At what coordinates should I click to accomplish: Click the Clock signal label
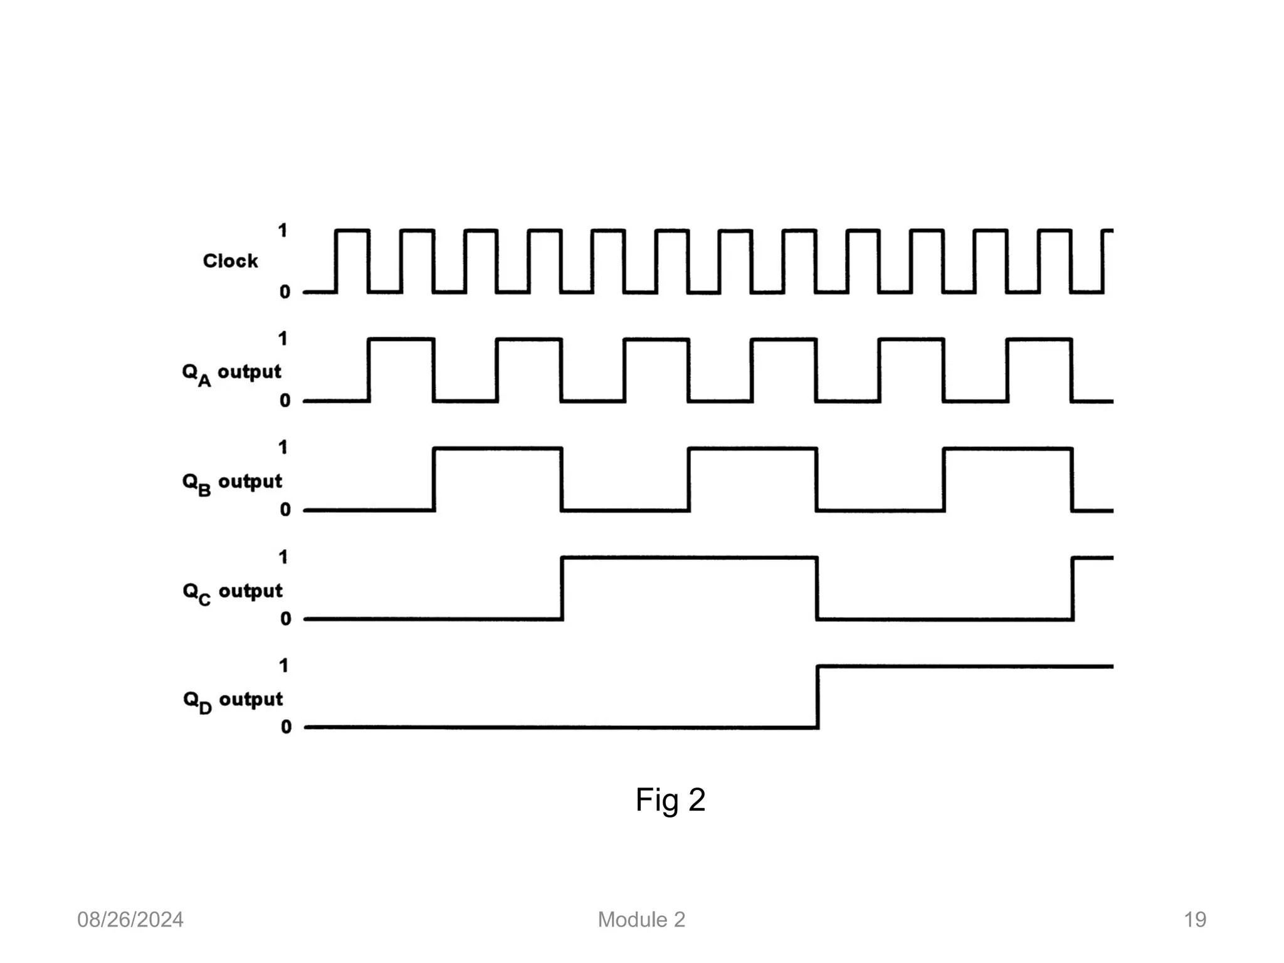[x=230, y=261]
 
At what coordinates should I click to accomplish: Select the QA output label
[x=231, y=373]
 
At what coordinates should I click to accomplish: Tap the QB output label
[x=232, y=483]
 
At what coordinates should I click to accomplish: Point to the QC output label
[x=233, y=592]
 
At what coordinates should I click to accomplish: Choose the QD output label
[x=233, y=701]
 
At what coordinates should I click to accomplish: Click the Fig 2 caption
[x=670, y=800]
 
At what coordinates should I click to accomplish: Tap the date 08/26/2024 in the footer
[x=130, y=920]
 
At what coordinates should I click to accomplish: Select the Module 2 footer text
[x=641, y=920]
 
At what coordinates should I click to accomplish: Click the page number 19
[x=1195, y=920]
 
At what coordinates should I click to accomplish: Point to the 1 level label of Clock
[x=283, y=231]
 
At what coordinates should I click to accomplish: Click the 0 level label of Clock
[x=285, y=292]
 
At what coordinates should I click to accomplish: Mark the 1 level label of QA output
[x=283, y=339]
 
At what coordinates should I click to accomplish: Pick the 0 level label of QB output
[x=285, y=510]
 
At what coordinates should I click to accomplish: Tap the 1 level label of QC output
[x=283, y=557]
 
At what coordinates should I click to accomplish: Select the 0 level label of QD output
[x=286, y=727]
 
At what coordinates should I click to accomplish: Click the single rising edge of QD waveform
[x=818, y=697]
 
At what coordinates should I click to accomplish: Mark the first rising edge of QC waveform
[x=562, y=588]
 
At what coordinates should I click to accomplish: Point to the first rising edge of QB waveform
[x=434, y=479]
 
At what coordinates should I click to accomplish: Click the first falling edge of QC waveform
[x=817, y=588]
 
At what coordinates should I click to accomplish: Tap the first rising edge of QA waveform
[x=369, y=370]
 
